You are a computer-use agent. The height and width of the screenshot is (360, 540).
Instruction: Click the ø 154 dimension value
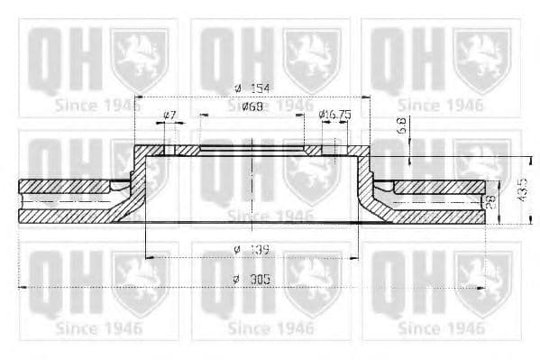click(252, 87)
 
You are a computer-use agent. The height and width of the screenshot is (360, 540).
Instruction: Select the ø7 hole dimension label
click(169, 115)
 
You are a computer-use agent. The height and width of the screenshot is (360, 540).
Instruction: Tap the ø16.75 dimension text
click(334, 115)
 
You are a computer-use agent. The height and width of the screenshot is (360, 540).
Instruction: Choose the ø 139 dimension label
click(252, 248)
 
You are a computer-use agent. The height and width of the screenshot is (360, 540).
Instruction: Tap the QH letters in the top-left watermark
click(60, 59)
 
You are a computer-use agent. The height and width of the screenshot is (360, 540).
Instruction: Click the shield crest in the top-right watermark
click(481, 59)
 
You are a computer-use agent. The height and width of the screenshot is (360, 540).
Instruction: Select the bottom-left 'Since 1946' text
click(98, 328)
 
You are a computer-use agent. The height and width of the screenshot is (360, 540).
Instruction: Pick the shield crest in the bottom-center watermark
click(311, 280)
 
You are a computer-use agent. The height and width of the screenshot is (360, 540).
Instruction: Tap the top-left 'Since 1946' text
click(98, 106)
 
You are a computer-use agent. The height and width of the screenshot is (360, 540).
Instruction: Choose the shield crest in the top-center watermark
click(311, 59)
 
